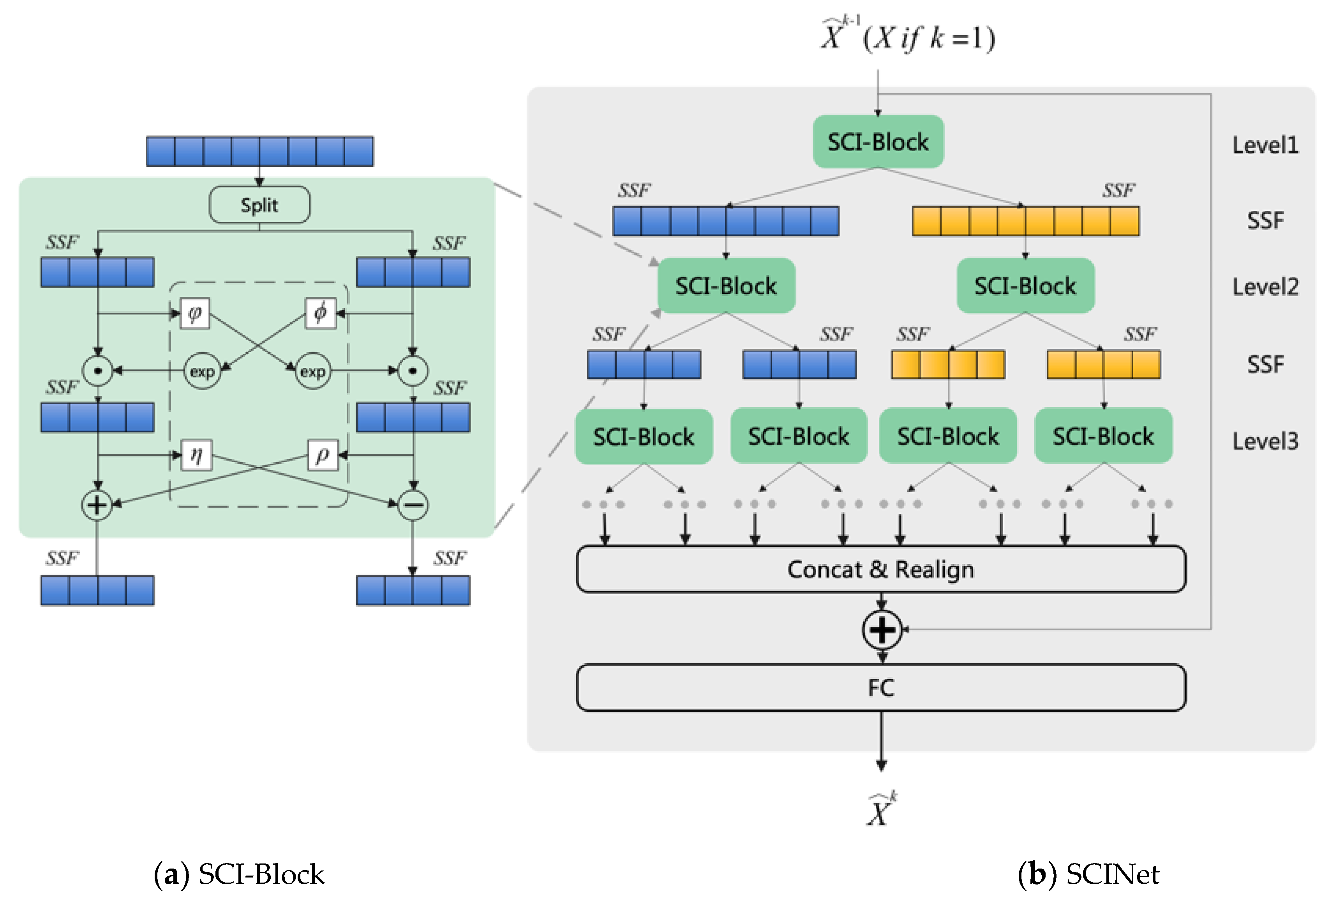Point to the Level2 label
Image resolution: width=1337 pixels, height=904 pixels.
point(1265,286)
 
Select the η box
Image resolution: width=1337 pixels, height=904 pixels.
point(196,455)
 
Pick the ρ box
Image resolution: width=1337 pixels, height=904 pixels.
point(322,455)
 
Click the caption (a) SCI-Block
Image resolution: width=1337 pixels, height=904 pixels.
point(239,874)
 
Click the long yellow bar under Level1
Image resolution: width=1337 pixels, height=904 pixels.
point(1025,221)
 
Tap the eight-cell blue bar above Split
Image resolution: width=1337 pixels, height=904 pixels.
point(259,151)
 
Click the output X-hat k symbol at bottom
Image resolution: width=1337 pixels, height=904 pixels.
point(880,810)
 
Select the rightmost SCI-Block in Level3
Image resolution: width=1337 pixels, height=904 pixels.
point(1103,436)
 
